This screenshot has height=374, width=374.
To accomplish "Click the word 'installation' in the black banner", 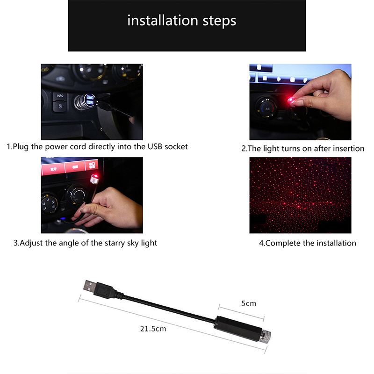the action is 163,20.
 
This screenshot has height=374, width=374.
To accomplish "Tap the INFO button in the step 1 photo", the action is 60,96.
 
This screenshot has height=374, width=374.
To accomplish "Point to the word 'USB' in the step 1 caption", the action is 155,146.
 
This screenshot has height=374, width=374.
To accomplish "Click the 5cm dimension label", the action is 249,303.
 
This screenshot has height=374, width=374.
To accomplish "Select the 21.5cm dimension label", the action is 153,329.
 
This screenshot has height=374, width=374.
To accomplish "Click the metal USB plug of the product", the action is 90,285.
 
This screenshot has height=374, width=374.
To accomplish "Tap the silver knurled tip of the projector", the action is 266,335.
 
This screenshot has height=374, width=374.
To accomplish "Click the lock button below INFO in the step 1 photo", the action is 60,106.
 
